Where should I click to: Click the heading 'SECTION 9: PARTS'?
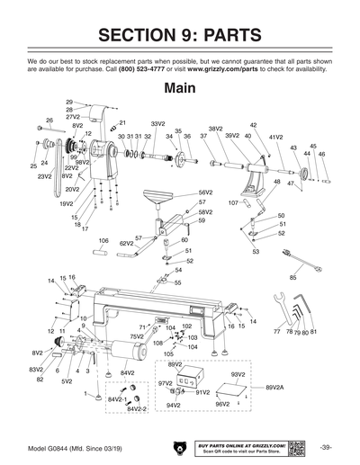pos(180,35)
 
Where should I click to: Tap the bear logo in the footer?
pos(176,447)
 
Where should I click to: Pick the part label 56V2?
pos(205,192)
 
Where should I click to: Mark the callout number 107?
pos(233,203)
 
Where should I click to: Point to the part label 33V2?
pos(157,123)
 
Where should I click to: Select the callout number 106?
pos(103,241)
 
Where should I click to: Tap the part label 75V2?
pos(137,336)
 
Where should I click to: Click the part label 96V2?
pos(223,405)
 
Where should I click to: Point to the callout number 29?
pos(69,103)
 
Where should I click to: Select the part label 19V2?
pos(67,203)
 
